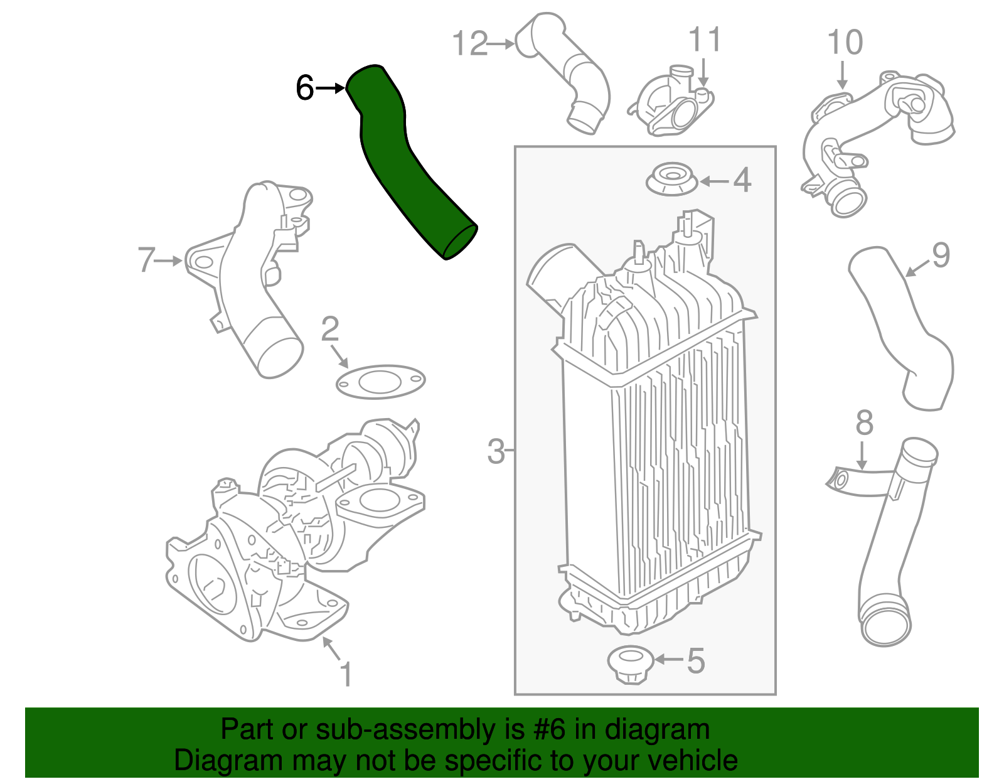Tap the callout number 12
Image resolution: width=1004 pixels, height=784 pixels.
click(x=469, y=44)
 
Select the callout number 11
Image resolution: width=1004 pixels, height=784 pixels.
click(x=705, y=40)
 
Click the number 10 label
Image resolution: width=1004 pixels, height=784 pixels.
click(x=845, y=43)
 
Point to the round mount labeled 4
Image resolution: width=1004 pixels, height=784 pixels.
click(x=671, y=180)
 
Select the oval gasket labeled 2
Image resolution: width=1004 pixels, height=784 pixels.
click(x=380, y=381)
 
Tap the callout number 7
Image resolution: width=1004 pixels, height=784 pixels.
click(x=146, y=259)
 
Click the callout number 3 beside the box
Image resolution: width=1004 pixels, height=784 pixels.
click(x=496, y=451)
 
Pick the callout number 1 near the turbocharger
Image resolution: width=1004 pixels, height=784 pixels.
click(x=346, y=674)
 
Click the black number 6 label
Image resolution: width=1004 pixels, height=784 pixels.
click(x=304, y=88)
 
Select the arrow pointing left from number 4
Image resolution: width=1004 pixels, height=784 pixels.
click(x=714, y=181)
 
